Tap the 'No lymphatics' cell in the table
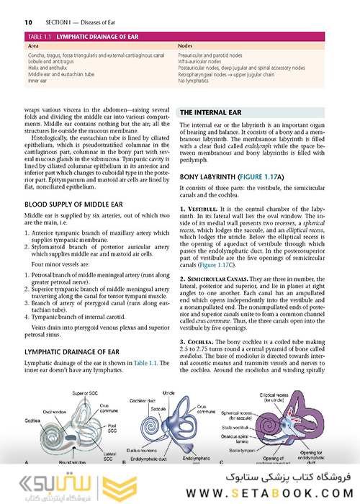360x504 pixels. (x=194, y=81)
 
